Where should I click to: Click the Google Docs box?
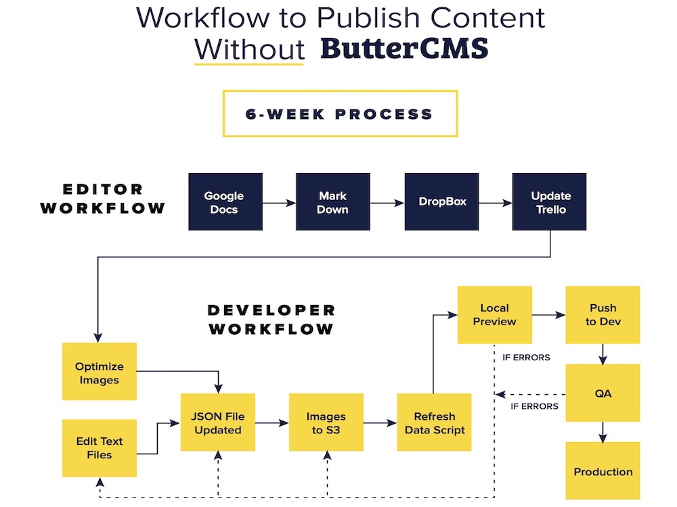tap(225, 201)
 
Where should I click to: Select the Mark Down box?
tap(333, 201)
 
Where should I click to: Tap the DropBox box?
tap(441, 201)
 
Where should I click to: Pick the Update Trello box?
tap(549, 201)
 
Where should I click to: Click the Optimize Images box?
tap(100, 372)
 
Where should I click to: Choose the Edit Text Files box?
tap(100, 448)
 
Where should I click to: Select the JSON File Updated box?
tap(218, 422)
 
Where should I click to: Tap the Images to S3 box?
tap(326, 422)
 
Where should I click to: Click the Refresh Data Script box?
tap(435, 422)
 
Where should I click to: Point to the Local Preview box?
tap(495, 315)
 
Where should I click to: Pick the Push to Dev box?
tap(603, 315)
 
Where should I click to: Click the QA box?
tap(603, 393)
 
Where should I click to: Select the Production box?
tap(603, 470)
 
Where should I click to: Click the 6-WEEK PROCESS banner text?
tap(339, 114)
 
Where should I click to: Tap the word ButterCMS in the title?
tap(405, 48)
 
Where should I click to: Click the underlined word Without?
tap(250, 49)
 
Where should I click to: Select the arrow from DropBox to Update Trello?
tap(496, 203)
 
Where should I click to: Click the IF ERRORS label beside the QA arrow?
tap(534, 406)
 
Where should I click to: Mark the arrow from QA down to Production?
tap(603, 432)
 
